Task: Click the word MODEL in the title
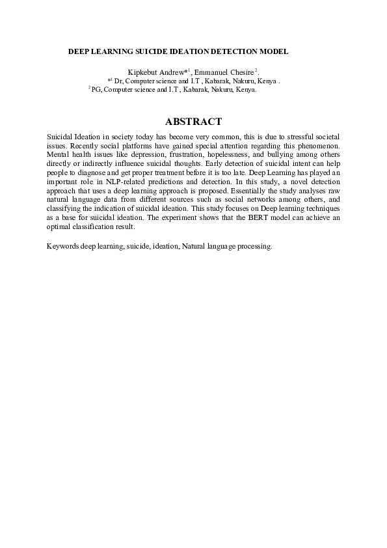(x=274, y=50)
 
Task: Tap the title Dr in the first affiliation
(x=118, y=81)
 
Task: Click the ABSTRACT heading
(x=193, y=122)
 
